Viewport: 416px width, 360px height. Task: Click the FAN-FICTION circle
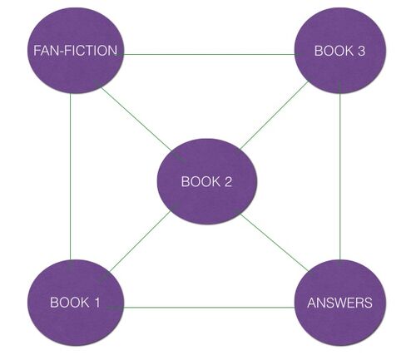point(76,51)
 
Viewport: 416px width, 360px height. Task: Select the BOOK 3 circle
point(340,51)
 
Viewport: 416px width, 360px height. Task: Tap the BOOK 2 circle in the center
point(207,181)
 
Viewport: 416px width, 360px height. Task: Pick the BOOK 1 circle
point(76,303)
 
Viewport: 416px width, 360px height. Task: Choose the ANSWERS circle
point(340,303)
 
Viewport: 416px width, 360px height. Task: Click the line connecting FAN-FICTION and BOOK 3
point(209,54)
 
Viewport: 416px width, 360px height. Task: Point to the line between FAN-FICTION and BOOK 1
point(71,177)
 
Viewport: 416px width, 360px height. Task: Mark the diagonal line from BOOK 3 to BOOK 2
point(274,116)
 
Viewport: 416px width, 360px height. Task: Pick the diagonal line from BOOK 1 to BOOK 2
point(139,241)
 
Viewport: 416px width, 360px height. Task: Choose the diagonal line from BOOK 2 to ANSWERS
point(275,243)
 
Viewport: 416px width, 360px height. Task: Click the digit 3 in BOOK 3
point(361,51)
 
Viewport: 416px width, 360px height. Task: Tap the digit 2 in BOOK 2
point(228,181)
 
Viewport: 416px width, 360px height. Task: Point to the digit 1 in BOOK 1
point(97,303)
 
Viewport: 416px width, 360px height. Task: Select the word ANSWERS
point(340,303)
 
